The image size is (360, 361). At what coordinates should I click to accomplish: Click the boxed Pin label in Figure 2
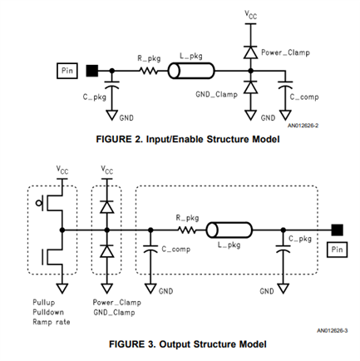[67, 71]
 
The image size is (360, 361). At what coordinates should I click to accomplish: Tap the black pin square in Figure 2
[91, 71]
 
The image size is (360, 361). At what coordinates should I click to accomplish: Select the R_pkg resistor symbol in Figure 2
[149, 71]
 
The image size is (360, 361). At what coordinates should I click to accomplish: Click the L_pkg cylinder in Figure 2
[191, 71]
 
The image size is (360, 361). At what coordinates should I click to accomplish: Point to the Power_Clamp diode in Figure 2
[250, 52]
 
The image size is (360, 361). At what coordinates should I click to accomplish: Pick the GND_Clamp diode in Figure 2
[250, 87]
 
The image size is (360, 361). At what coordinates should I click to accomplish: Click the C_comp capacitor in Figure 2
[285, 85]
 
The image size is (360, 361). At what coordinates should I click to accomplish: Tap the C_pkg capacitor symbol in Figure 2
[112, 85]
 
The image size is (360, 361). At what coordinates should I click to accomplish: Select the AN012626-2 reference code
[303, 126]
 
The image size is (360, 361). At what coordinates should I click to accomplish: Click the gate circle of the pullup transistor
[39, 203]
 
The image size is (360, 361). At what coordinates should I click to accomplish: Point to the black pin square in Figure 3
[338, 230]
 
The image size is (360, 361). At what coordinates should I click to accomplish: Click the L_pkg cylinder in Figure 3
[229, 230]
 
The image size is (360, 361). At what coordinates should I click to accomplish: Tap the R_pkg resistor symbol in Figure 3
[187, 230]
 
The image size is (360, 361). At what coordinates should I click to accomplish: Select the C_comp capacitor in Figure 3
[150, 249]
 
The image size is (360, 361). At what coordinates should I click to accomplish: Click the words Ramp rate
[52, 322]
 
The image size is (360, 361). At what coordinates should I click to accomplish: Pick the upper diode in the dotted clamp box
[107, 207]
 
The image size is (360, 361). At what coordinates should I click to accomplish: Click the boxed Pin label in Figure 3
[337, 250]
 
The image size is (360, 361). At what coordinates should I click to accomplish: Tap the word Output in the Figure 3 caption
[175, 344]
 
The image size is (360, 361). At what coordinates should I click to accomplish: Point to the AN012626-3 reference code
[333, 330]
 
